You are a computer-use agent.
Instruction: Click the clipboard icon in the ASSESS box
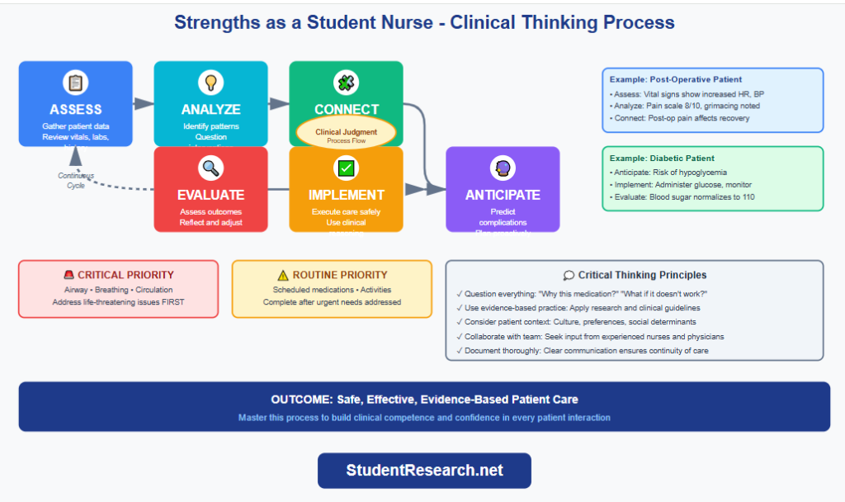point(75,83)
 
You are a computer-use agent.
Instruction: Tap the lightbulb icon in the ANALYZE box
point(210,83)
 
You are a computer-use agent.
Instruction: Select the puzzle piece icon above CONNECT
point(346,83)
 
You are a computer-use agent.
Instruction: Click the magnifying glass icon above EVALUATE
point(210,168)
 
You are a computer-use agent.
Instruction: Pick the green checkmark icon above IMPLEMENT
point(346,168)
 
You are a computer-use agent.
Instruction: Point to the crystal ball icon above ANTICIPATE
point(503,168)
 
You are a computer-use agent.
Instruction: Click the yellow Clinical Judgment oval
point(346,134)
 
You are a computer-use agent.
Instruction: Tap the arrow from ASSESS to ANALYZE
point(144,104)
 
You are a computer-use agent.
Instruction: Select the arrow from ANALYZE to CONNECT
point(279,104)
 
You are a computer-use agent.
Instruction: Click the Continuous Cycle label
point(76,181)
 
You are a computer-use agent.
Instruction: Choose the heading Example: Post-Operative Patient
point(676,79)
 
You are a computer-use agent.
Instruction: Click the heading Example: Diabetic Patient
point(662,158)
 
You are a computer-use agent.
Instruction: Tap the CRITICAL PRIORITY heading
point(125,275)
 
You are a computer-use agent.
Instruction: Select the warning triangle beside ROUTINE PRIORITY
point(283,275)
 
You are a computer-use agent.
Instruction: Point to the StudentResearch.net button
point(424,471)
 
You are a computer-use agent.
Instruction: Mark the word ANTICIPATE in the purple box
point(503,196)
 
